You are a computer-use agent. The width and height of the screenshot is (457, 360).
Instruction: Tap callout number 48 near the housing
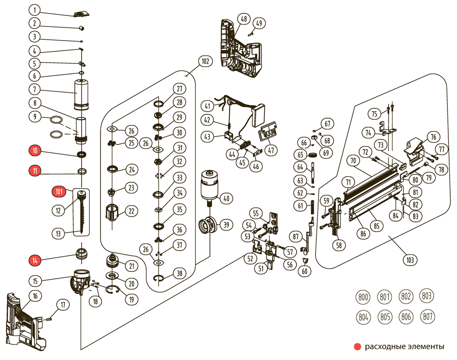point(243,19)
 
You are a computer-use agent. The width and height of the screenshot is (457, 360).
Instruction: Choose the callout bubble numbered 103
point(409,260)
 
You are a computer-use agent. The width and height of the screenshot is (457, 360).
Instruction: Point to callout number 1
point(35,10)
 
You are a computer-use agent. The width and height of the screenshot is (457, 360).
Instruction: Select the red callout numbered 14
point(35,260)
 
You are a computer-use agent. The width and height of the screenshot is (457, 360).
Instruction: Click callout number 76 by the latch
point(433,137)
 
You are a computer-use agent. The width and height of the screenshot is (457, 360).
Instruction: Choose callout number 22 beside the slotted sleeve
point(132,211)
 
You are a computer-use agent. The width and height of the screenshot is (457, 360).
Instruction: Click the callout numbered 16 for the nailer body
point(35,296)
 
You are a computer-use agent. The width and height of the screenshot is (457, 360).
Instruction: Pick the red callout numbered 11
point(35,171)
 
